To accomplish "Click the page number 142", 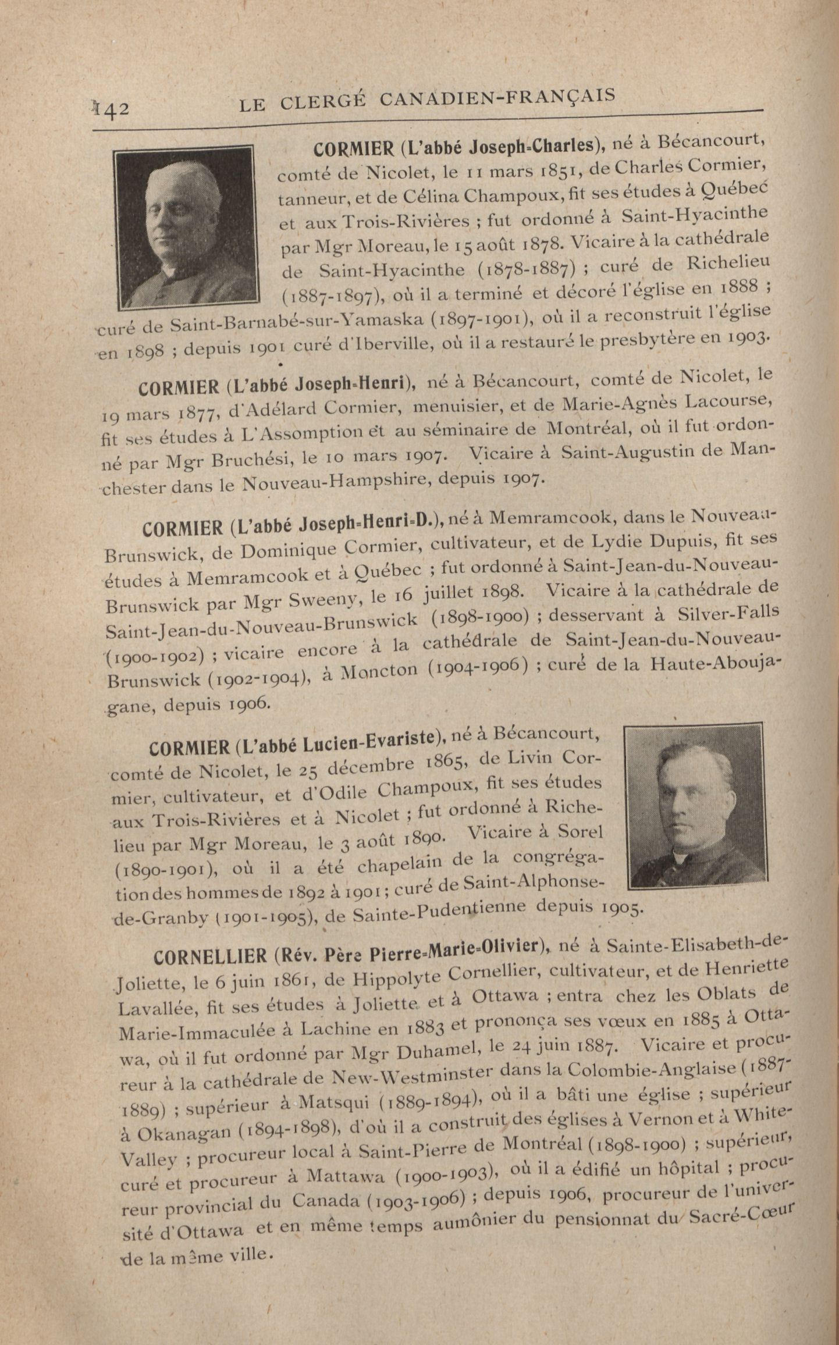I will tap(111, 108).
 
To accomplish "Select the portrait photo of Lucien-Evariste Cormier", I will tap(693, 806).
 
